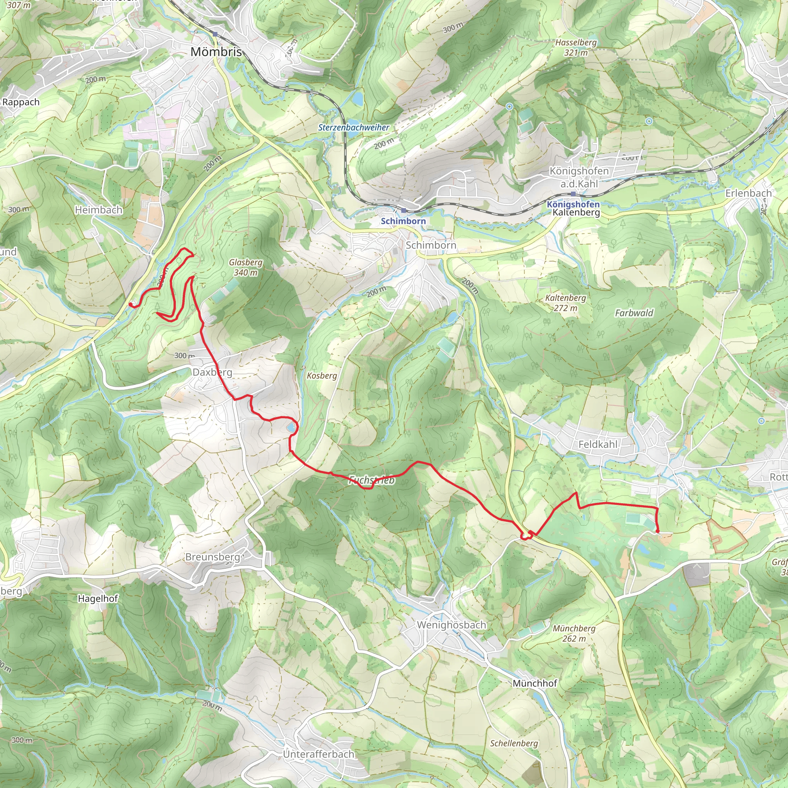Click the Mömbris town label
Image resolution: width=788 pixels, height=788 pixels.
click(x=216, y=52)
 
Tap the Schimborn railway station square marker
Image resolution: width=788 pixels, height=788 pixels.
click(x=404, y=210)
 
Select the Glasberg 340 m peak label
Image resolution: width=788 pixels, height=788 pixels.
click(x=245, y=267)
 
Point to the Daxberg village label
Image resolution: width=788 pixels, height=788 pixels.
click(x=212, y=372)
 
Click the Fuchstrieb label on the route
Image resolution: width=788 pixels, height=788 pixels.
click(x=372, y=480)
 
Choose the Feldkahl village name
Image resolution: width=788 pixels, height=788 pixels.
click(x=598, y=444)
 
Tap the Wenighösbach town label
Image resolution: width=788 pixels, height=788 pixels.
click(x=451, y=625)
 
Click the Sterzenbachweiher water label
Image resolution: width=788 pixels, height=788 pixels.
click(x=354, y=127)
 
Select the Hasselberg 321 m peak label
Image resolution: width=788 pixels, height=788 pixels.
click(x=576, y=47)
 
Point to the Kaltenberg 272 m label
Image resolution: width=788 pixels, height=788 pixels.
click(x=565, y=303)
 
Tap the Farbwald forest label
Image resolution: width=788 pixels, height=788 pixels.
click(x=634, y=313)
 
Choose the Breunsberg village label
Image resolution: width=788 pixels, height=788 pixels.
click(x=212, y=557)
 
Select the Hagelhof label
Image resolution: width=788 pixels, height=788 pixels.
click(x=98, y=598)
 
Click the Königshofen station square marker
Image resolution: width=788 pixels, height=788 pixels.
click(x=573, y=194)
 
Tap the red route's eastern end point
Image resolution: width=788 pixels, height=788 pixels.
click(x=658, y=531)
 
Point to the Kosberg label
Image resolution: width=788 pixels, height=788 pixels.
click(x=322, y=375)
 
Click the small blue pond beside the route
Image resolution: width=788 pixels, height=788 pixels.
click(x=290, y=427)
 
